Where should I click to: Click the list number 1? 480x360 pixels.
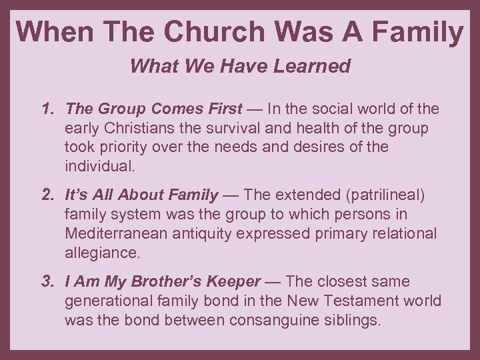click(x=46, y=108)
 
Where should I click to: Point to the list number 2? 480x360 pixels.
click(x=46, y=195)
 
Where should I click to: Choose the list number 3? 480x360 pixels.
click(x=46, y=282)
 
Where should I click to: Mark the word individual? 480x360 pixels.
click(x=99, y=165)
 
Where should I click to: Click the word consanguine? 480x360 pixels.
click(x=273, y=320)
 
